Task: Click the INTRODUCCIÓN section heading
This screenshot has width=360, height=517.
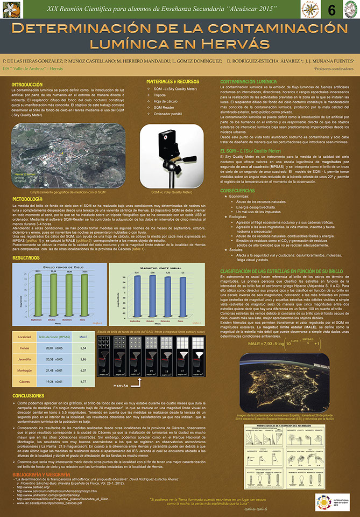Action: tap(27, 85)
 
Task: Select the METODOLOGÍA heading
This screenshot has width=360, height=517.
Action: tap(27, 199)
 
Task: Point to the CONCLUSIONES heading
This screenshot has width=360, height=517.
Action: tap(29, 395)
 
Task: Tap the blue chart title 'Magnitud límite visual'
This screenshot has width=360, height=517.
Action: tap(154, 267)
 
